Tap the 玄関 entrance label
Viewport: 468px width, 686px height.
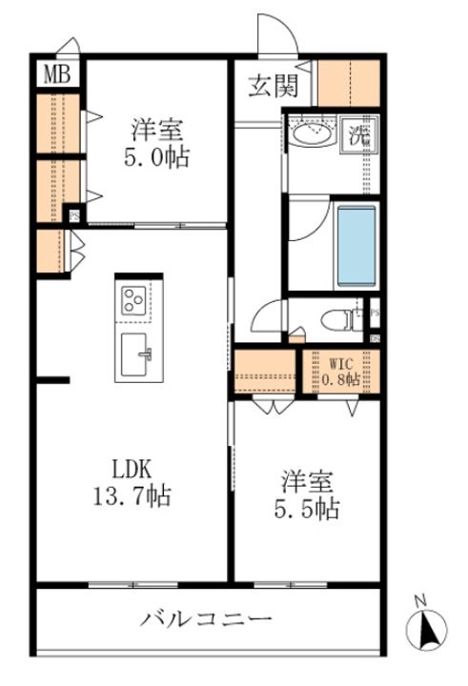pyautogui.click(x=274, y=87)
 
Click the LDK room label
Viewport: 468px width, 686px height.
pyautogui.click(x=132, y=470)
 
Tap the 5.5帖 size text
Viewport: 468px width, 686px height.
pyautogui.click(x=303, y=510)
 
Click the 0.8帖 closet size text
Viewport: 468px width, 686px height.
pyautogui.click(x=341, y=379)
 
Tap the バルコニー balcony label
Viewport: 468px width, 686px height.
pyautogui.click(x=207, y=619)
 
